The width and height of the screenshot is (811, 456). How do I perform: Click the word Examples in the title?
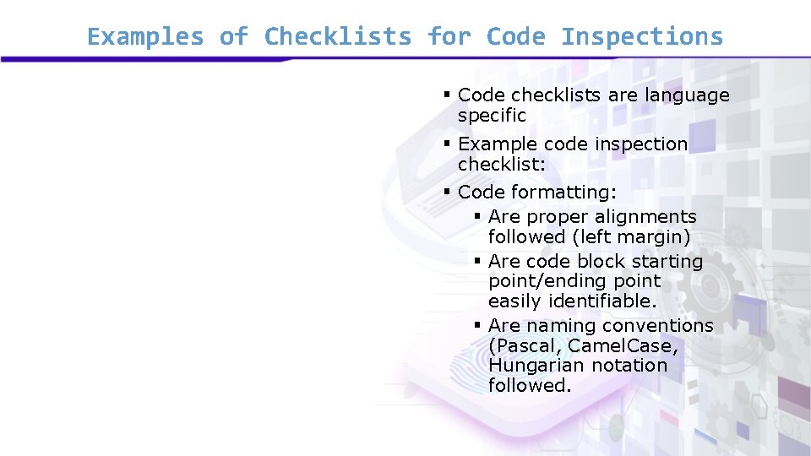coord(145,37)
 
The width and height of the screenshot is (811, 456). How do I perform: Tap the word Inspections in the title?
coord(642,37)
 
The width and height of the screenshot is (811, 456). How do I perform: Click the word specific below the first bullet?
coord(492,116)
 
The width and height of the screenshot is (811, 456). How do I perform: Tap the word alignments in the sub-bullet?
coord(645,217)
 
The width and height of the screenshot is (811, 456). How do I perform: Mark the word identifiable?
coord(602,301)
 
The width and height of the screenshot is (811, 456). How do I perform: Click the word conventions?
coord(658,326)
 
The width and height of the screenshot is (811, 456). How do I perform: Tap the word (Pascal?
coord(525,346)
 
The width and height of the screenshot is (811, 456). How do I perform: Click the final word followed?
coord(530,386)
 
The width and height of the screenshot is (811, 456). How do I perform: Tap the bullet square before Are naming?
coord(477,325)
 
